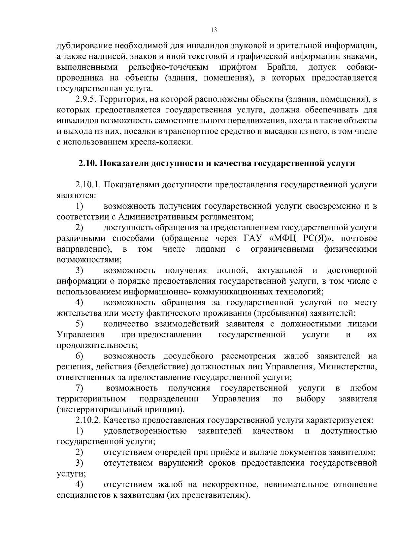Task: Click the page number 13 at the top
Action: coord(214,30)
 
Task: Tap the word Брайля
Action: coord(282,67)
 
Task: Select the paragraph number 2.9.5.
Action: coord(86,99)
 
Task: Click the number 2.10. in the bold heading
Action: coord(88,163)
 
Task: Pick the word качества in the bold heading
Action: coord(231,163)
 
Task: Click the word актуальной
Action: coord(280,271)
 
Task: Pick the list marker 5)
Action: coord(79,324)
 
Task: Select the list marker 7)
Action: coord(79,388)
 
